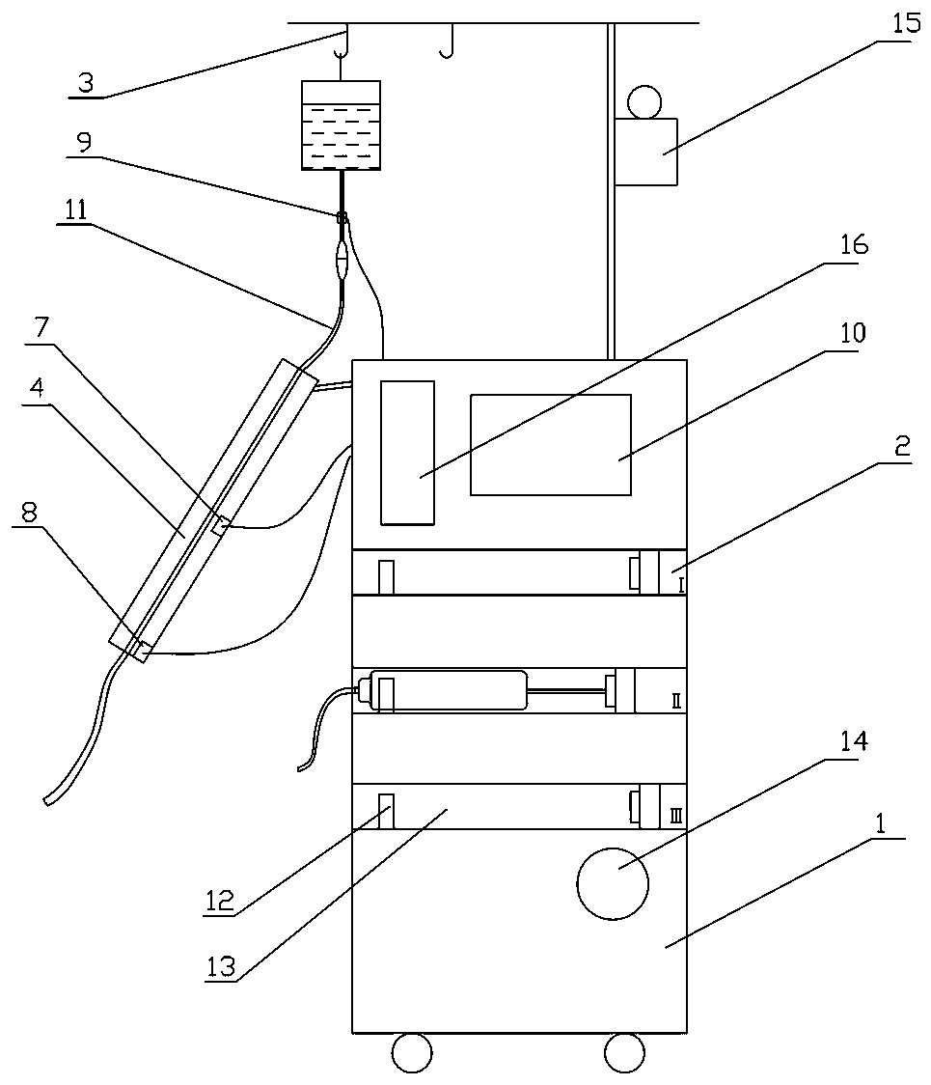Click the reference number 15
point(906,24)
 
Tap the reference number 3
point(86,82)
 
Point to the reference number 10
point(853,334)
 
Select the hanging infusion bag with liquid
point(341,125)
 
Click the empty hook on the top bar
point(446,43)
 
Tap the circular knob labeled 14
point(612,881)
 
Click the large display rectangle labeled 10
point(550,444)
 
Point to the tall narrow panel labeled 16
point(407,452)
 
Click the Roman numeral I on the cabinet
point(681,584)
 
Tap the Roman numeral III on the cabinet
point(675,817)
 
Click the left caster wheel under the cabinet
point(412,1052)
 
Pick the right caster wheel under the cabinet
point(623,1052)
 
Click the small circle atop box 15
point(643,101)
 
